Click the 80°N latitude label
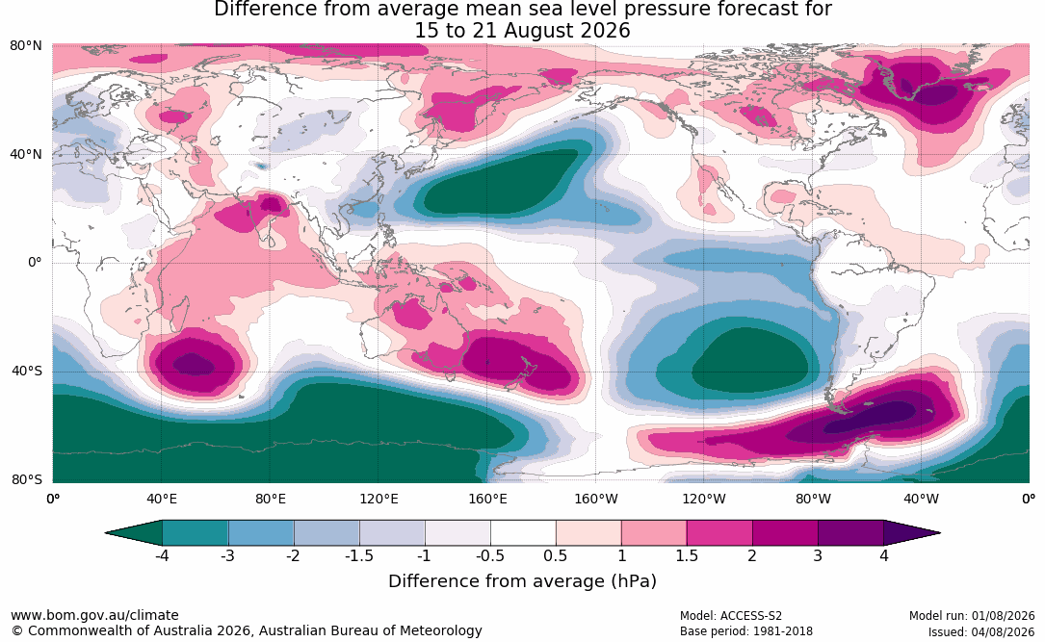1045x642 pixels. tap(25, 46)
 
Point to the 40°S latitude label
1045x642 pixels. tap(26, 371)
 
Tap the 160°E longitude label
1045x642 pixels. tap(487, 499)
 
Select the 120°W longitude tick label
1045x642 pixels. tap(704, 499)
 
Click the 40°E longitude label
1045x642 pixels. tap(161, 499)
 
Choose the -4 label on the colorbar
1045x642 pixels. tap(162, 555)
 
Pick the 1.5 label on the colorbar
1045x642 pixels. tap(687, 555)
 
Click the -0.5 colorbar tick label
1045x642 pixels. tap(490, 555)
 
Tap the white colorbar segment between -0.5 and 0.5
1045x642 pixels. tap(523, 533)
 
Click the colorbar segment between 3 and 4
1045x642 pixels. tap(851, 533)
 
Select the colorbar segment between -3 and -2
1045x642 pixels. tap(261, 533)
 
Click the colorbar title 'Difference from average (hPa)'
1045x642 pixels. tap(522, 580)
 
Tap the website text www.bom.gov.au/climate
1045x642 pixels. tap(94, 615)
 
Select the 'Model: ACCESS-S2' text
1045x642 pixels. tap(731, 616)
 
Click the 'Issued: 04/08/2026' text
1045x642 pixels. tap(981, 631)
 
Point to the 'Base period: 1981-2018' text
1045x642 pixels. tap(746, 631)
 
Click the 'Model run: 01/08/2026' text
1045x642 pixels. tap(972, 616)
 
